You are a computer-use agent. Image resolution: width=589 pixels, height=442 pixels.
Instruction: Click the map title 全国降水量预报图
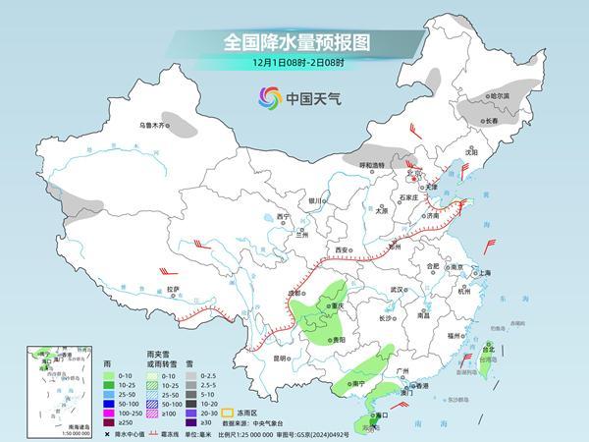pyautogui.click(x=294, y=42)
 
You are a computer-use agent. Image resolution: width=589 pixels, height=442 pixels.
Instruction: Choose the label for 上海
pyautogui.click(x=484, y=273)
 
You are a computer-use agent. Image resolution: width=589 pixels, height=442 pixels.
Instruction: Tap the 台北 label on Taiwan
pyautogui.click(x=488, y=347)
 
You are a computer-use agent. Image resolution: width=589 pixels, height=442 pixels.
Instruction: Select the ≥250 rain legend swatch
pyautogui.click(x=107, y=421)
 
